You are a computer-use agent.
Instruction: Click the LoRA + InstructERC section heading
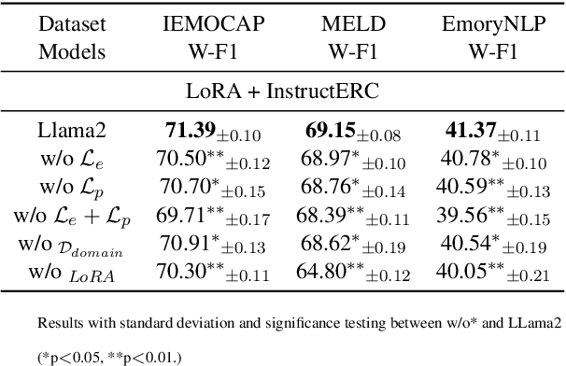coord(283,91)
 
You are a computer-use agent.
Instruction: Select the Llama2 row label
coord(68,131)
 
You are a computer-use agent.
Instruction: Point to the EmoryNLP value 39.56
coord(466,217)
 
